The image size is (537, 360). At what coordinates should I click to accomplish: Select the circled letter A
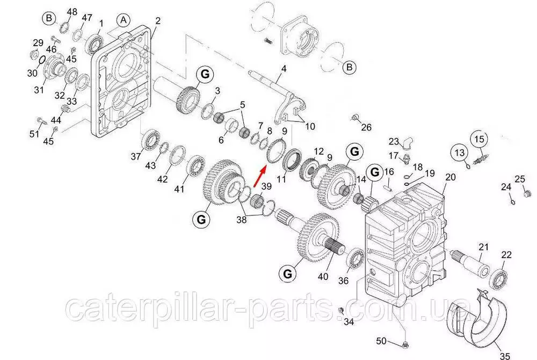(124, 20)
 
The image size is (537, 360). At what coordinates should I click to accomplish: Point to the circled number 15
(480, 139)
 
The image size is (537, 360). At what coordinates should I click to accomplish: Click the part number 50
(381, 341)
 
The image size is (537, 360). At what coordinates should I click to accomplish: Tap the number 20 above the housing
(451, 177)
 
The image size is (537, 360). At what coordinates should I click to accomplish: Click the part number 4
(284, 68)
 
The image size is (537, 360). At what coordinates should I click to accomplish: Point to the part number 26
(366, 127)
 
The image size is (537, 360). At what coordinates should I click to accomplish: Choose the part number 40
(323, 276)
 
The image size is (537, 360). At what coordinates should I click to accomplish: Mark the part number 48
(72, 12)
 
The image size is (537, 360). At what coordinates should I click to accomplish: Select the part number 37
(136, 156)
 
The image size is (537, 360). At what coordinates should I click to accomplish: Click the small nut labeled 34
(341, 311)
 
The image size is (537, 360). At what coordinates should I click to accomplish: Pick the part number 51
(34, 133)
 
